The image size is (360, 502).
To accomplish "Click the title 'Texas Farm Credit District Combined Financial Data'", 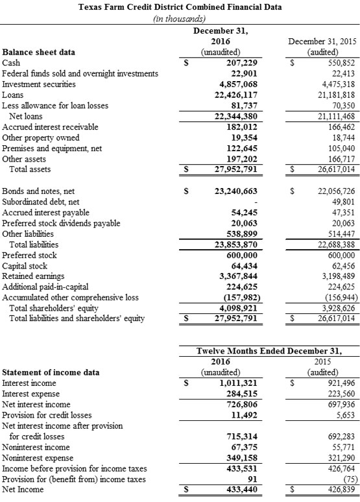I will click(180, 8).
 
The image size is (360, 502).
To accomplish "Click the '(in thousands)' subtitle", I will click(180, 19).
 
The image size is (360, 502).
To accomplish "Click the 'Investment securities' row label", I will click(39, 84).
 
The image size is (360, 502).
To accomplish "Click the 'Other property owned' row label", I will click(41, 137).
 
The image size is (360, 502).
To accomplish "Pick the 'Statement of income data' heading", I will click(51, 372).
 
